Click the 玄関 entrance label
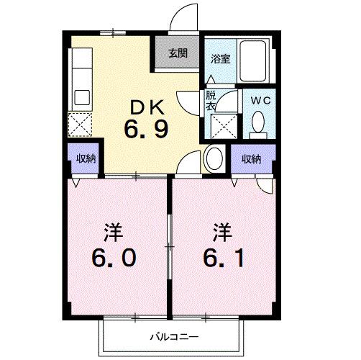click(x=179, y=53)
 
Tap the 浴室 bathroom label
click(x=220, y=59)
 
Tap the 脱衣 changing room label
click(x=211, y=99)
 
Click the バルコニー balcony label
click(x=170, y=336)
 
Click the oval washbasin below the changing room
click(x=214, y=158)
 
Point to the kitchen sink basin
click(x=81, y=96)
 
